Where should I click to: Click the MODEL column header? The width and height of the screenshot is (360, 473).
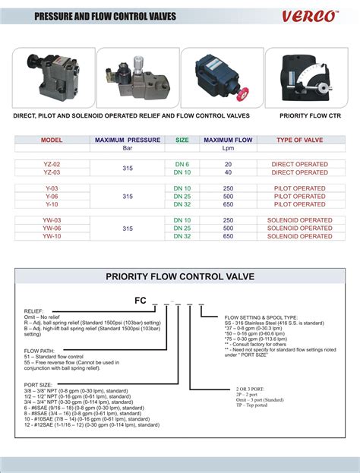tap(52, 140)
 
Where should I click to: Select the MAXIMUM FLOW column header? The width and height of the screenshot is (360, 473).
tap(227, 140)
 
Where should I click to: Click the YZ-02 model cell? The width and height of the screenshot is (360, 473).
tap(52, 164)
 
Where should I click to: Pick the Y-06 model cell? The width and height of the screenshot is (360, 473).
tap(52, 196)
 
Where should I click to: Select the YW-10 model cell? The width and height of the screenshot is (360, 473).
tap(52, 236)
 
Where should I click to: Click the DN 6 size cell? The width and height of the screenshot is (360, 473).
tap(182, 164)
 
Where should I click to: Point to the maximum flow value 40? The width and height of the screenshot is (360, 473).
tap(227, 172)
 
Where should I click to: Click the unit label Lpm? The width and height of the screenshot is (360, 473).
tap(227, 149)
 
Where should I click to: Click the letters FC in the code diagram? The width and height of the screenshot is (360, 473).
tap(141, 300)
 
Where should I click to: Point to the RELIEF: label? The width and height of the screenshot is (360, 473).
tap(36, 312)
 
